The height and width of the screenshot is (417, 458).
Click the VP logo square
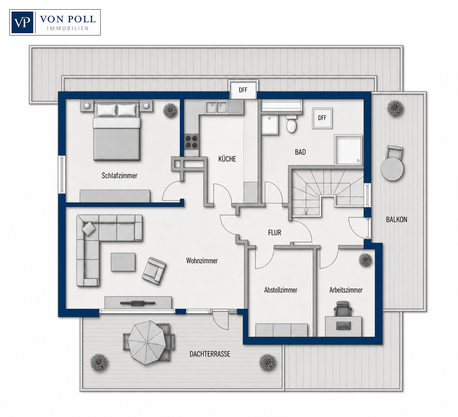coord(22,22)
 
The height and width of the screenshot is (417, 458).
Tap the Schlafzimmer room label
coord(119,176)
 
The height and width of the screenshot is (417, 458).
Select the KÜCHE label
coord(227,159)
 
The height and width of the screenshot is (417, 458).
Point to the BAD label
coord(300,152)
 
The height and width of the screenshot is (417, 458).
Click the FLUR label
coord(274,233)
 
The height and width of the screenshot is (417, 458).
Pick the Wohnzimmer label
coord(202,261)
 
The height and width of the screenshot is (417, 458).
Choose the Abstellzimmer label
coord(281,290)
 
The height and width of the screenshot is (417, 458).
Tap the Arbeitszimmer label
coord(346,290)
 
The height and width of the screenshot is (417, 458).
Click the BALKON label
coord(397,220)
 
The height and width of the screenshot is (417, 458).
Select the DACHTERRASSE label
coord(210,354)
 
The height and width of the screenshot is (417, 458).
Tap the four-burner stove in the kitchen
coord(192,142)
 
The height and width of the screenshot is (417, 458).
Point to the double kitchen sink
coord(216,107)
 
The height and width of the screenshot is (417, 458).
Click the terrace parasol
coord(147,342)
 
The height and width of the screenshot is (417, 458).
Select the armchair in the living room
coord(154,271)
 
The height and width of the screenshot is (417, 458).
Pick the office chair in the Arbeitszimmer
coord(343,309)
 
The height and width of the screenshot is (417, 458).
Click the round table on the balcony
coord(392,169)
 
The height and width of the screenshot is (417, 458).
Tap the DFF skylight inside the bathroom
coord(322,118)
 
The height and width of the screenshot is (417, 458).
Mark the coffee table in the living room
coord(123,262)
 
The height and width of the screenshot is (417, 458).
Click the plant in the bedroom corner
coord(170,110)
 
